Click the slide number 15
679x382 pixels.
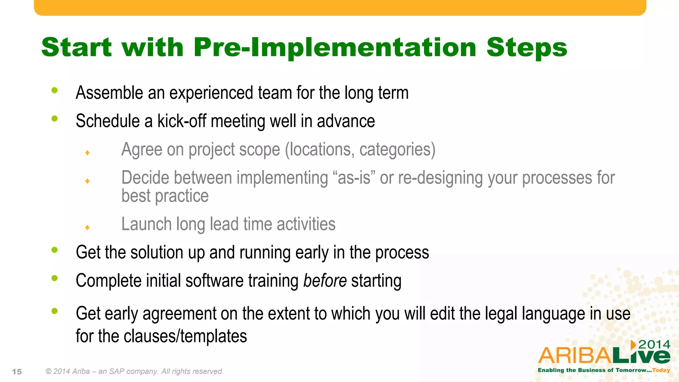pyautogui.click(x=17, y=372)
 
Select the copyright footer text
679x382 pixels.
pyautogui.click(x=135, y=371)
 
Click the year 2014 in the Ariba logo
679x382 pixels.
pyautogui.click(x=654, y=345)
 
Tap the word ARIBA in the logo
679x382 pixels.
pyautogui.click(x=575, y=356)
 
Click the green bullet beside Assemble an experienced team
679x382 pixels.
pyautogui.click(x=55, y=90)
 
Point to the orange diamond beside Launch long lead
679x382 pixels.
pyautogui.click(x=88, y=227)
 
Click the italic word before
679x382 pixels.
pyautogui.click(x=325, y=281)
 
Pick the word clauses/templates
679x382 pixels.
pyautogui.click(x=185, y=336)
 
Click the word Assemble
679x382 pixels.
pyautogui.click(x=109, y=93)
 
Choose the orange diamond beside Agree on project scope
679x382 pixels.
pyautogui.click(x=88, y=153)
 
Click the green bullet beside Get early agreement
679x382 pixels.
pyautogui.click(x=55, y=311)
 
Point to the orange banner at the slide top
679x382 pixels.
pyautogui.click(x=340, y=7)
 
